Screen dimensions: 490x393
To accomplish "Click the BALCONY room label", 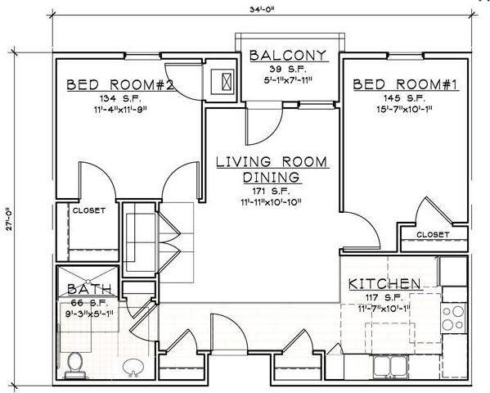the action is coord(288,56).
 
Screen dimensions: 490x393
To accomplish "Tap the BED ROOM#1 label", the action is coord(406,84).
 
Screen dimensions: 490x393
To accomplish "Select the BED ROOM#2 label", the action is coord(120,84).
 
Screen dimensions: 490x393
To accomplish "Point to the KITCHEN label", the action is coord(384,284).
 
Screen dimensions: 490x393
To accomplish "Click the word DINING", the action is coord(272,177).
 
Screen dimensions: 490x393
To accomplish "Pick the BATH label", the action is coord(89,289).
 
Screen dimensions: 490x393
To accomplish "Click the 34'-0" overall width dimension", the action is coord(262,9).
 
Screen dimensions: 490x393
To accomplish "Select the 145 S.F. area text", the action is coord(404,98).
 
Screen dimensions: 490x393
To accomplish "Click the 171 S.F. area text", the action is coord(272,191).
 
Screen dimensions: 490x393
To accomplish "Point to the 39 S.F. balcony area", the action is coord(288,69).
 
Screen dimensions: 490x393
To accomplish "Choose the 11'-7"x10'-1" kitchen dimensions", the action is coord(384,309).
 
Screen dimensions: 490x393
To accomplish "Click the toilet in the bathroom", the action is coord(74,365).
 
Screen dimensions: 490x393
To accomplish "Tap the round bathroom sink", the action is coord(133,368).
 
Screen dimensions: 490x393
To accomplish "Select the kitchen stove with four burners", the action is coord(454,318).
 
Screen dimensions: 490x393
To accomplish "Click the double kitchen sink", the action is coord(390,365).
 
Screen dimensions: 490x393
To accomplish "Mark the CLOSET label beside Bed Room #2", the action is coord(88,210).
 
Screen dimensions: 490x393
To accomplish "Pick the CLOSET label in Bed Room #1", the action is coord(433,234).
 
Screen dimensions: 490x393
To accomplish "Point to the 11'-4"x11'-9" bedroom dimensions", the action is coord(120,110).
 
